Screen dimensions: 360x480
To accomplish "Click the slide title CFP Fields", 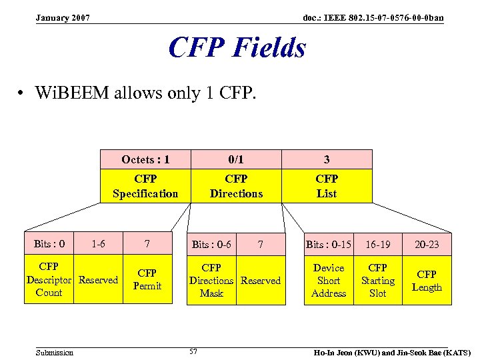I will (x=237, y=48).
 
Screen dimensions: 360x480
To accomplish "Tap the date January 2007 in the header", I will (x=63, y=17).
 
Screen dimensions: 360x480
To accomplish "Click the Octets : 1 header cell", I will (x=145, y=159).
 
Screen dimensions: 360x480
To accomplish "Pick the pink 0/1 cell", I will (x=236, y=159).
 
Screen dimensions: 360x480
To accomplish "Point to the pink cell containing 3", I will (x=327, y=159).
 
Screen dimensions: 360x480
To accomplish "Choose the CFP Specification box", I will (x=145, y=186).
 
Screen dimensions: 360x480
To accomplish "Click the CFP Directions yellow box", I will (x=236, y=186).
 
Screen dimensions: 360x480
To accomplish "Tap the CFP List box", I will (x=327, y=186).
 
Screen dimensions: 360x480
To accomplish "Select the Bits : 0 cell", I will (x=49, y=244).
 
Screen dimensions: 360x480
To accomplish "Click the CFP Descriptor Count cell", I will (x=49, y=280).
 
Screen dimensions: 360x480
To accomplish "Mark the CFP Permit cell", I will (x=147, y=280).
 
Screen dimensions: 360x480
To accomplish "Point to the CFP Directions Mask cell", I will (x=211, y=280).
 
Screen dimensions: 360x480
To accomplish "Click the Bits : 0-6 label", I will (x=211, y=245).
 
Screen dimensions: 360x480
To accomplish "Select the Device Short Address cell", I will (x=329, y=280).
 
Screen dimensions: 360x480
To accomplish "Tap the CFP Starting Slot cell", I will (x=377, y=280).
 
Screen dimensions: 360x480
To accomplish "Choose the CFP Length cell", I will (x=427, y=280).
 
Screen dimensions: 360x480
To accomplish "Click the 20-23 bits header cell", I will (x=427, y=245).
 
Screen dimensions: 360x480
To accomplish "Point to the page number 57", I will (x=193, y=351).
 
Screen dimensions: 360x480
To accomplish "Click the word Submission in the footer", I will (x=55, y=352).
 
